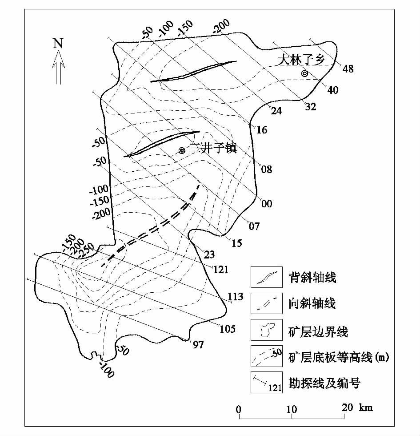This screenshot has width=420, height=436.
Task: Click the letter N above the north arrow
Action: click(x=58, y=44)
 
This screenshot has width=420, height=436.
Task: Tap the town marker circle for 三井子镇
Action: click(x=182, y=151)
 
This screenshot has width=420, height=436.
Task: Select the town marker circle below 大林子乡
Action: click(x=304, y=73)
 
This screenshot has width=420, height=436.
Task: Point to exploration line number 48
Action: click(x=348, y=69)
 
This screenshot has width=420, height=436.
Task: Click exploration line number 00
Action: click(x=267, y=204)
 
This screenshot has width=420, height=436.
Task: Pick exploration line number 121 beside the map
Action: click(x=220, y=270)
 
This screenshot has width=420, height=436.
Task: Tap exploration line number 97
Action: click(x=198, y=343)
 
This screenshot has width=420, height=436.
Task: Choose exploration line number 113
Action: click(x=236, y=297)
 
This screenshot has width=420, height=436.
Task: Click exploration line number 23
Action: click(x=209, y=255)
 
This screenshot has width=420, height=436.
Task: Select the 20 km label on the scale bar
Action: click(x=357, y=408)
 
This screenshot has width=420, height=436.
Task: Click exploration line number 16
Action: click(x=262, y=130)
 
